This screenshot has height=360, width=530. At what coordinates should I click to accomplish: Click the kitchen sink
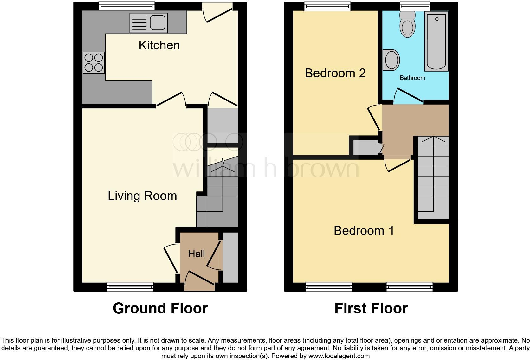tap(148, 23)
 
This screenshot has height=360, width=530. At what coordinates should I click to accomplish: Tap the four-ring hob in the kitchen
tap(94, 62)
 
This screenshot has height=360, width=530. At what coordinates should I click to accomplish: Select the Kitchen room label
tap(159, 45)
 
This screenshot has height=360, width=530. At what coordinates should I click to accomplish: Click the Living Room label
tap(142, 196)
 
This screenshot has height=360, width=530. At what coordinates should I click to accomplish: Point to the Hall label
tap(197, 254)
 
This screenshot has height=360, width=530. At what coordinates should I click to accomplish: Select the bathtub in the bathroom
tap(436, 41)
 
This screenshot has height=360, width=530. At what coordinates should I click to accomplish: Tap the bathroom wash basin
tap(391, 60)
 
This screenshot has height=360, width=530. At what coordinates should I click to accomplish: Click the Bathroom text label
tap(412, 78)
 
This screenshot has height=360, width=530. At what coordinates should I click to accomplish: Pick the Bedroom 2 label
tap(335, 73)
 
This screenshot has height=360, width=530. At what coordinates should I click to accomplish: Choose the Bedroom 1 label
tap(364, 231)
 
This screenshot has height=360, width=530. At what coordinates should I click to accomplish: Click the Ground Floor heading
tap(160, 308)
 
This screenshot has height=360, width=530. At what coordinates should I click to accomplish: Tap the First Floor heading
tap(371, 308)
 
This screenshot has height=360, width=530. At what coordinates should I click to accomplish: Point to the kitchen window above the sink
tap(126, 6)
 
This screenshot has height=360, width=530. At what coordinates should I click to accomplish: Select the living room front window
tap(130, 287)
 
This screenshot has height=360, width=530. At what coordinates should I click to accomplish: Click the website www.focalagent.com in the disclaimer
tap(339, 356)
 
